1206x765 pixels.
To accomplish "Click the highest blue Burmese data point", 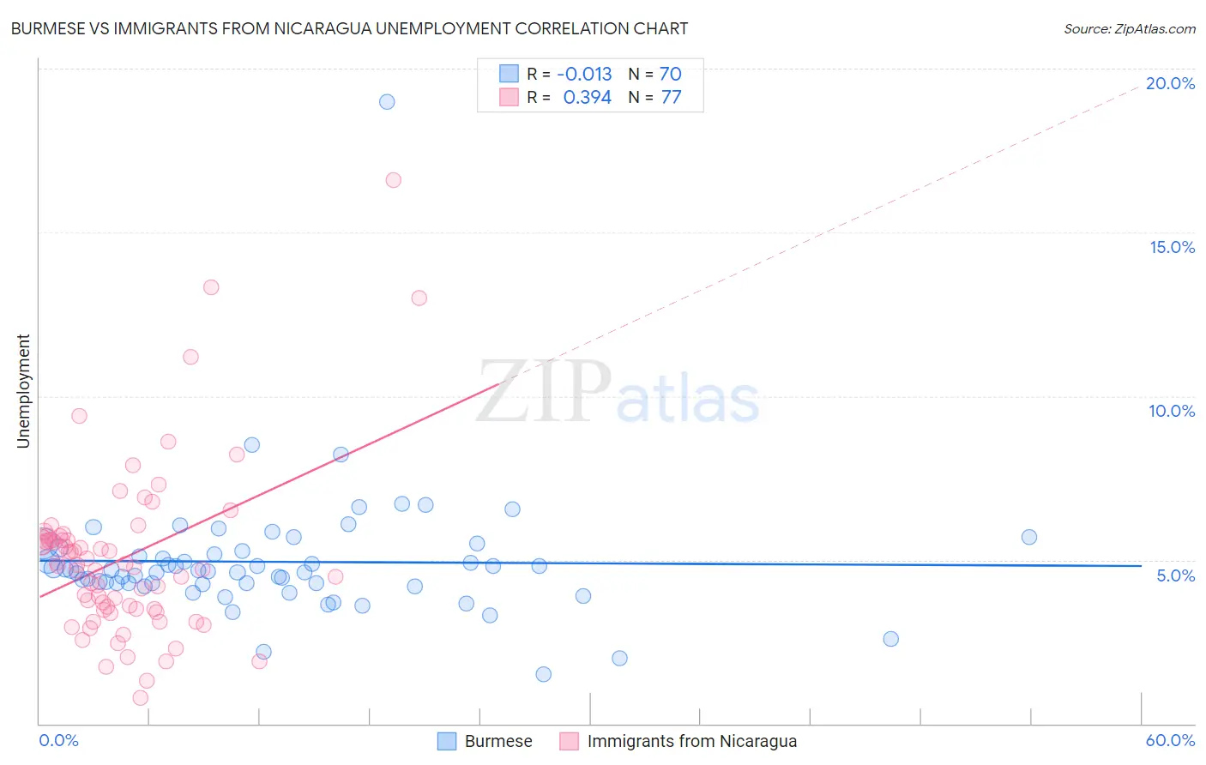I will click(387, 102).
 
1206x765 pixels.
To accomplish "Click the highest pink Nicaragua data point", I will click(394, 180).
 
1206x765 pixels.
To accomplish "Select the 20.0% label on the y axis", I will click(1170, 83).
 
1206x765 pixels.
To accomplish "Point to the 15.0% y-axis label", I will click(1172, 247).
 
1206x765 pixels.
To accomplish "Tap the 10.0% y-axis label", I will click(1172, 411).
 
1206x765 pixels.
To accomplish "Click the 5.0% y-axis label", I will click(1175, 575).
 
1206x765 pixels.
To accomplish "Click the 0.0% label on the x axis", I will click(58, 741).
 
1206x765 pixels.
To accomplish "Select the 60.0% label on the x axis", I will click(1170, 741).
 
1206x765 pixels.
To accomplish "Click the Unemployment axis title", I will click(23, 391).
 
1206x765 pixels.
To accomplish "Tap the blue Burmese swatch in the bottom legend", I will click(447, 742).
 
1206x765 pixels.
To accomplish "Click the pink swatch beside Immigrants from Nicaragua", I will click(570, 742).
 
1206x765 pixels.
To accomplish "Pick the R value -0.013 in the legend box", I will click(584, 74).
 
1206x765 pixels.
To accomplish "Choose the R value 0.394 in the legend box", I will click(587, 98).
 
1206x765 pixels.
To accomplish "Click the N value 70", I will click(670, 74).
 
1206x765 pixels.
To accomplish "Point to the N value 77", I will click(671, 98).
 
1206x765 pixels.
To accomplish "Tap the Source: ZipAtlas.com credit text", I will click(1129, 29).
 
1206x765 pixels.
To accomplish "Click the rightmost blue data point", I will click(1029, 537).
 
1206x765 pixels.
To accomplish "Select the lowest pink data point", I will click(141, 697).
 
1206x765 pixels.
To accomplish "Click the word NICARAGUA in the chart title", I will click(324, 29).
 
